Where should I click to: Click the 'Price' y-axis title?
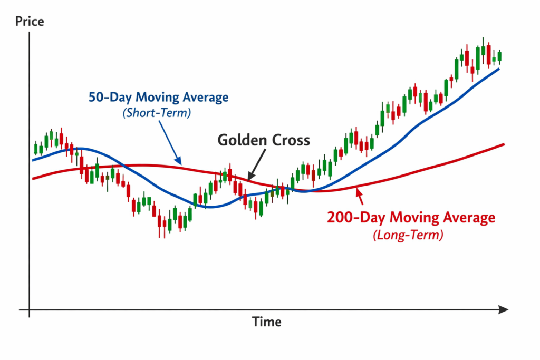click(x=30, y=22)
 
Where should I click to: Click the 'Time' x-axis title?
click(x=266, y=322)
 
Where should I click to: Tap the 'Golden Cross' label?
click(x=264, y=140)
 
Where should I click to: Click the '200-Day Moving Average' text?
click(x=411, y=217)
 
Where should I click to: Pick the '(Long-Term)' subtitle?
click(x=408, y=235)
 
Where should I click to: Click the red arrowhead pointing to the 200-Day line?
click(x=359, y=191)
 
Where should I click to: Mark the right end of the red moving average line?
click(x=504, y=144)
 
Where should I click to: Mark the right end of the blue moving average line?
click(x=499, y=69)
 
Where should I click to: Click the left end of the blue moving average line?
click(x=33, y=160)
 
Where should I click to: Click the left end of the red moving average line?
click(x=33, y=179)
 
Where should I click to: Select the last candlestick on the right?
click(x=499, y=56)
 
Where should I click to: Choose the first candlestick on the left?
click(x=35, y=148)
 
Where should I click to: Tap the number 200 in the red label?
click(x=340, y=217)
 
